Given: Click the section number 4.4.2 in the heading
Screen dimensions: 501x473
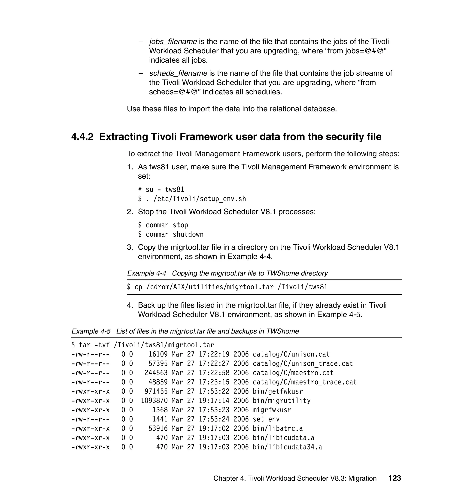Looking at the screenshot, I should pyautogui.click(x=82, y=137).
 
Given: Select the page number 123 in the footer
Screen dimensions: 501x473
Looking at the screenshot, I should pyautogui.click(x=394, y=478).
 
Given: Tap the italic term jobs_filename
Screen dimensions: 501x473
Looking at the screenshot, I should pyautogui.click(x=173, y=42).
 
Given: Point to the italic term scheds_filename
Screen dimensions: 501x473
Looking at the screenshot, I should pyautogui.click(x=178, y=73).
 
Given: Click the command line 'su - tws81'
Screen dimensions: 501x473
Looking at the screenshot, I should pyautogui.click(x=165, y=189).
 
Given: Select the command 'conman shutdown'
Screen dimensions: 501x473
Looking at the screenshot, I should pyautogui.click(x=174, y=234).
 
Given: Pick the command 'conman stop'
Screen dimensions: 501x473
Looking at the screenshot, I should pyautogui.click(x=167, y=225).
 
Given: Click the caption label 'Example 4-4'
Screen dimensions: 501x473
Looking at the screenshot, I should pyautogui.click(x=146, y=273).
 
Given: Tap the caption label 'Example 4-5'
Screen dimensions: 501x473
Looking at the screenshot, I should pyautogui.click(x=91, y=331).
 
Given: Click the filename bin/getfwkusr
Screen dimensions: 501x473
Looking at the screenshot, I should pyautogui.click(x=278, y=391).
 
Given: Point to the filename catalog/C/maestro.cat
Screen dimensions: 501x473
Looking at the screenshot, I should pyautogui.click(x=293, y=373).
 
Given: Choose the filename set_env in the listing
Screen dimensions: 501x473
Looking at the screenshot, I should pyautogui.click(x=266, y=419).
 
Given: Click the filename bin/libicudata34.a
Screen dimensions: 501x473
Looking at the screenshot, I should pyautogui.click(x=287, y=447).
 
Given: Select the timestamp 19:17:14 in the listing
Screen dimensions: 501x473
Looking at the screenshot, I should pyautogui.click(x=214, y=401).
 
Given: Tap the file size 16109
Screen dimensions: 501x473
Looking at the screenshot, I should pyautogui.click(x=158, y=354).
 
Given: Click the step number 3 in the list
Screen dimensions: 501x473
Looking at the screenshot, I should pyautogui.click(x=130, y=247).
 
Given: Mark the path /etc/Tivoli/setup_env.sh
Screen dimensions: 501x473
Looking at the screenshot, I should pyautogui.click(x=200, y=199).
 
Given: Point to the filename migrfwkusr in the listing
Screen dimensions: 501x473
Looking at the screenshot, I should pyautogui.click(x=272, y=410).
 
